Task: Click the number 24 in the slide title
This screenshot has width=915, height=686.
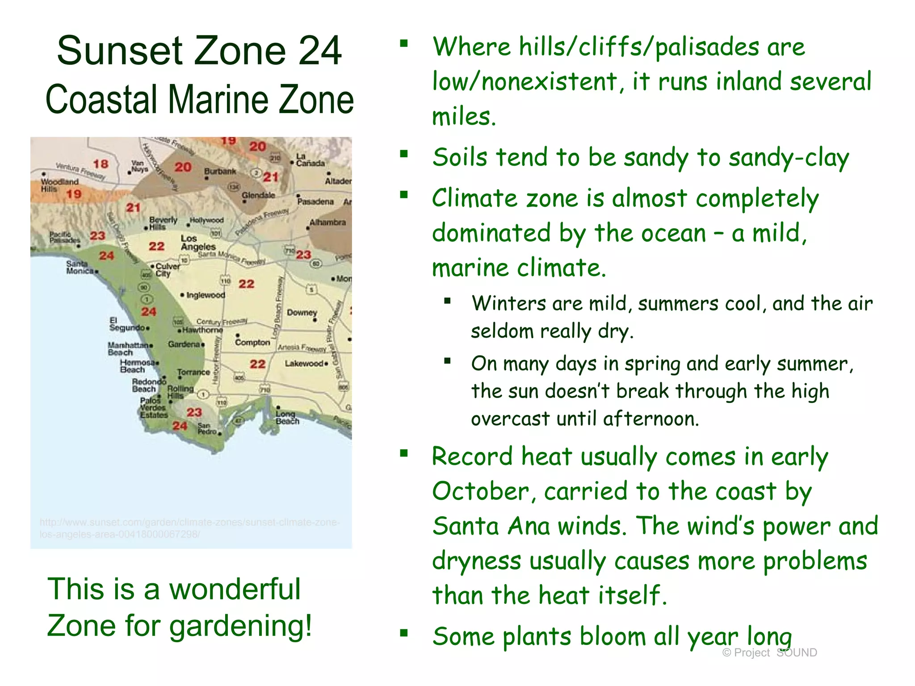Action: pos(320,50)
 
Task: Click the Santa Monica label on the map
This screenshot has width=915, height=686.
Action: pos(80,268)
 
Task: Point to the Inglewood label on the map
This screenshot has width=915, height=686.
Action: pos(206,295)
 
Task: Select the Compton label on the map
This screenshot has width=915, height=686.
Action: pos(252,342)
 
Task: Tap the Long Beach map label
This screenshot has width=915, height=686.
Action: pos(287,418)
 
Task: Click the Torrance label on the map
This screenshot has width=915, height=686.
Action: pos(193,372)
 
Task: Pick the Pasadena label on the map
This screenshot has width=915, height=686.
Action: pos(315,201)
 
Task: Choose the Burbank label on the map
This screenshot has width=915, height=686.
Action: pos(220,171)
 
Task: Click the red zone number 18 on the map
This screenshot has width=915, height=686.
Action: pos(101,164)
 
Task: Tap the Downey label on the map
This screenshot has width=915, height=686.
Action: pos(302,313)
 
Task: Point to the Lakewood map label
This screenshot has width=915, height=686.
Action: pos(304,364)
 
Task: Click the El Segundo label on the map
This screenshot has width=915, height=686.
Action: pos(127,324)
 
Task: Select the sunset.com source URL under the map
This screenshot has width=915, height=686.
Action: pos(189,528)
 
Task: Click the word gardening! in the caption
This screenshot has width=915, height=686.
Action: pos(241,626)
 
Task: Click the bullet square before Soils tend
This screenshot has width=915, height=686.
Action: pos(404,155)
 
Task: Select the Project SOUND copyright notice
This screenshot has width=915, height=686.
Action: pos(769,653)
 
